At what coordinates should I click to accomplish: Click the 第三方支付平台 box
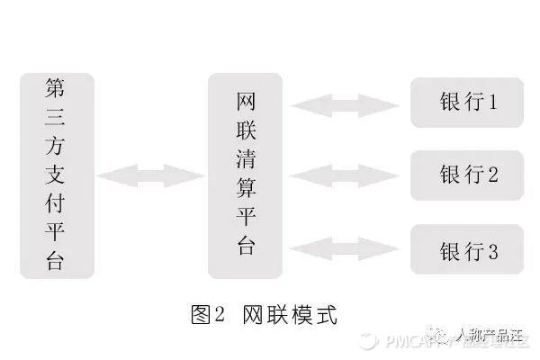(x=56, y=175)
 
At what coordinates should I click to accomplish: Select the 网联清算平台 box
(x=245, y=175)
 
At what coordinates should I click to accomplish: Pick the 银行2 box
(x=467, y=175)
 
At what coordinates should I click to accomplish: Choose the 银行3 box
(x=467, y=249)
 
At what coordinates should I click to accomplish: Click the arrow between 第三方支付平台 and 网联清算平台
(x=150, y=175)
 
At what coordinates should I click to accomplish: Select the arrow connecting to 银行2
(x=346, y=175)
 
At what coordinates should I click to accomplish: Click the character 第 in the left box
(x=56, y=89)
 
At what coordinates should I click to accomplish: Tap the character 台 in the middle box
(x=245, y=247)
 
